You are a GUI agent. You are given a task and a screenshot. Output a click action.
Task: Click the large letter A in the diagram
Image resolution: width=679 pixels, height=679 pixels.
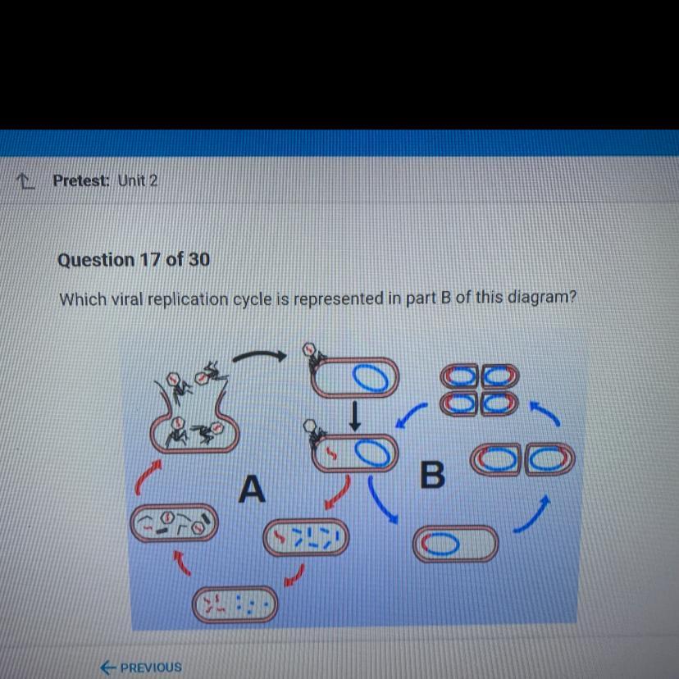pyautogui.click(x=252, y=489)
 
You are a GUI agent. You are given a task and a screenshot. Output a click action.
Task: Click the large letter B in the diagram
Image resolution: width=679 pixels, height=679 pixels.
pyautogui.click(x=432, y=475)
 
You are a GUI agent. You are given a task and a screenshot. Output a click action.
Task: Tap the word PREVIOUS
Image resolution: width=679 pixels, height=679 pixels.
pyautogui.click(x=151, y=668)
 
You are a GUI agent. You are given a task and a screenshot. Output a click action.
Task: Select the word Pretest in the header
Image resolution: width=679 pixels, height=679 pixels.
pyautogui.click(x=81, y=180)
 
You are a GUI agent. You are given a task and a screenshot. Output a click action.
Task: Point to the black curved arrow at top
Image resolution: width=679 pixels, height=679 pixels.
pyautogui.click(x=259, y=355)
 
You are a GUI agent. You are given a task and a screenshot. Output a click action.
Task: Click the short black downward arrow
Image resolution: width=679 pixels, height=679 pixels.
pyautogui.click(x=354, y=416)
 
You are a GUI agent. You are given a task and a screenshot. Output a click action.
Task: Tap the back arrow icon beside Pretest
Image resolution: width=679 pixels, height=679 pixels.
pyautogui.click(x=25, y=181)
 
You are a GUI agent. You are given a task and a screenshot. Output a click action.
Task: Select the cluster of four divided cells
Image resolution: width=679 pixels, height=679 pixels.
pyautogui.click(x=479, y=390)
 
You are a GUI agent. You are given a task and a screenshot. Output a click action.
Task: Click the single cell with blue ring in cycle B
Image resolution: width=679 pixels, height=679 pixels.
pyautogui.click(x=455, y=544)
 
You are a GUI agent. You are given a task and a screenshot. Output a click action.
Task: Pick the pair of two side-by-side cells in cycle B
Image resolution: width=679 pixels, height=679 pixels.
pyautogui.click(x=522, y=459)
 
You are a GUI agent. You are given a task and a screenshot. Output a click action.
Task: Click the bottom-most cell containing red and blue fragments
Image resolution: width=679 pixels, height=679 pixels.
pyautogui.click(x=235, y=604)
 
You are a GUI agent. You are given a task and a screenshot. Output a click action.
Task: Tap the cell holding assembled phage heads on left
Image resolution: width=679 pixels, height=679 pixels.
pyautogui.click(x=174, y=522)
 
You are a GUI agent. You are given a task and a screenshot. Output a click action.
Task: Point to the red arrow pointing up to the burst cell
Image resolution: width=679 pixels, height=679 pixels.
pyautogui.click(x=146, y=476)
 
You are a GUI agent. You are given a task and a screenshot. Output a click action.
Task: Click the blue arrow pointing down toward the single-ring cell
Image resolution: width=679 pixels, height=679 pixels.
pyautogui.click(x=381, y=499)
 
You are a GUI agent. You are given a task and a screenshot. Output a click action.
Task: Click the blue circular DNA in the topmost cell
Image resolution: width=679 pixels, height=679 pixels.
pyautogui.click(x=370, y=377)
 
